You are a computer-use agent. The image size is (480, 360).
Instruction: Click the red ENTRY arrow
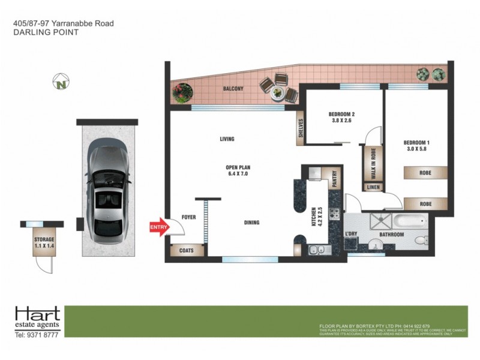(x=158, y=228)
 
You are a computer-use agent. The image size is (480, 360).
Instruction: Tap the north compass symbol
(x=61, y=82)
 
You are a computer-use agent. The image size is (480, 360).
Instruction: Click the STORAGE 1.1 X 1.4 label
(x=44, y=243)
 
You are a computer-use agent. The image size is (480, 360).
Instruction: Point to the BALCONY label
(x=233, y=89)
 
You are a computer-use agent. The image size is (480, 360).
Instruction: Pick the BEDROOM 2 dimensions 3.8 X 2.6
(x=341, y=119)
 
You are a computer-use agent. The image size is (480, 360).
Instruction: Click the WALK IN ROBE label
(x=373, y=163)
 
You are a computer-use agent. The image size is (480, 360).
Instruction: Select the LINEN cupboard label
(x=373, y=187)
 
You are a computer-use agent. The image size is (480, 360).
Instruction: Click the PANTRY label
(x=335, y=179)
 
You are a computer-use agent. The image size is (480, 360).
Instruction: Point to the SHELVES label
(x=301, y=130)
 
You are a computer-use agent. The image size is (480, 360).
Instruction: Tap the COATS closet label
(x=187, y=250)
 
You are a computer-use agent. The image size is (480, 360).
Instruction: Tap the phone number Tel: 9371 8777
(x=37, y=335)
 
